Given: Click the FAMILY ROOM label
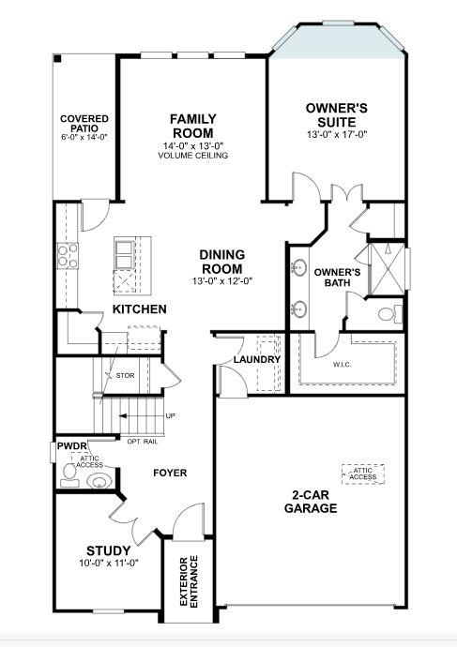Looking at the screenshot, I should click(x=193, y=126).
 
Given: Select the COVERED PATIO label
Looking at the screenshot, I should click(x=84, y=124).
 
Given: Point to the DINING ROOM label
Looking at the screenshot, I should click(x=222, y=261).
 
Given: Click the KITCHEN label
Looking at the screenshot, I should click(x=140, y=308).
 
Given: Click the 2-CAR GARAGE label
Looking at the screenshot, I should click(x=311, y=502).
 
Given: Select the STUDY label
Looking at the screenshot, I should click(x=108, y=550).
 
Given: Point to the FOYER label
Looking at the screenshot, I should click(x=171, y=473).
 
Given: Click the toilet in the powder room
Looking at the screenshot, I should click(x=96, y=482).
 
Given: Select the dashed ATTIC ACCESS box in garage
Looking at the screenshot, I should click(x=363, y=474).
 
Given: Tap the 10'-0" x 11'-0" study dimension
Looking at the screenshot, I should click(x=109, y=564).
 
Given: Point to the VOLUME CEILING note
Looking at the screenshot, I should click(x=193, y=156).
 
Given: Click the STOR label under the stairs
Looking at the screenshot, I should click(x=125, y=376).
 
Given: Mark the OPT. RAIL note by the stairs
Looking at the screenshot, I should click(x=141, y=440).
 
